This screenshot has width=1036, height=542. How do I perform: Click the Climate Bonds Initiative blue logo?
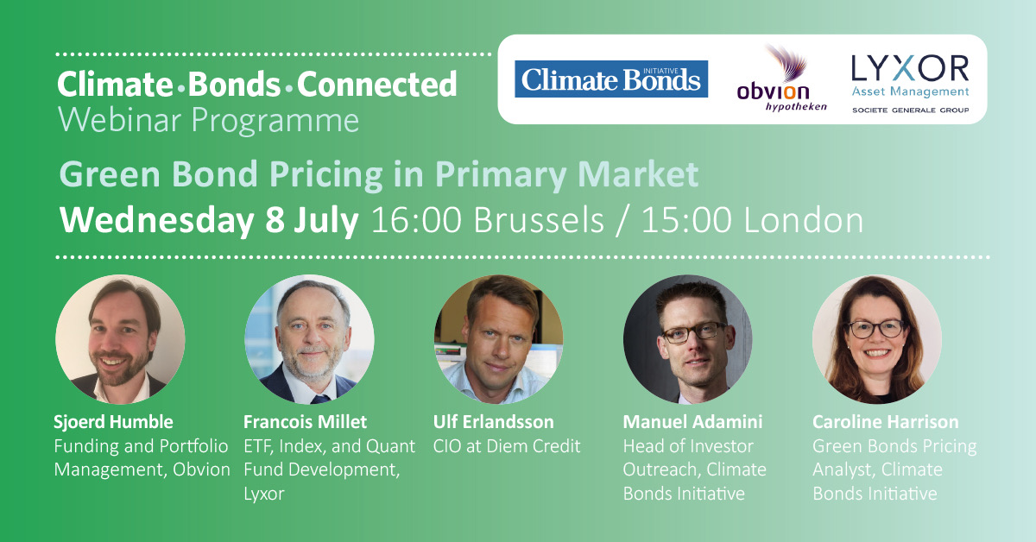click(611, 79)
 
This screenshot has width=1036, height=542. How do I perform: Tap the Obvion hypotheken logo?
click(781, 79)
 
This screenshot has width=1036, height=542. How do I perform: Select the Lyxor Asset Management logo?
click(910, 84)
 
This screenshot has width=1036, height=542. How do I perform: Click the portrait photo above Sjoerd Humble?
click(120, 339)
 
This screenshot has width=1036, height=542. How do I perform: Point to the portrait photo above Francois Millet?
click(309, 339)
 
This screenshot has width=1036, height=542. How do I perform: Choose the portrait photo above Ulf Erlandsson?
click(499, 339)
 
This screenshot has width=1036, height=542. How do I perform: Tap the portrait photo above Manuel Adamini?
click(688, 339)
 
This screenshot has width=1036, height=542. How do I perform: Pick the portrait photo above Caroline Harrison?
click(877, 339)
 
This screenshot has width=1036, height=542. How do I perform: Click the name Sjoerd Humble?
click(114, 422)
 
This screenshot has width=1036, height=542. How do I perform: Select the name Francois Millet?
click(306, 422)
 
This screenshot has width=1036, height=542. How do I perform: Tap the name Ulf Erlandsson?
click(494, 422)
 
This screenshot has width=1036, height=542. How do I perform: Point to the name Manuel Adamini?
click(692, 422)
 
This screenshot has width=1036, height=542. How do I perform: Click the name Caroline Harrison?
click(886, 422)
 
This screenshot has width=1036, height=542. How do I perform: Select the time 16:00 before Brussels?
click(416, 220)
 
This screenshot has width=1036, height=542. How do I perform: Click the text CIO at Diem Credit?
click(507, 446)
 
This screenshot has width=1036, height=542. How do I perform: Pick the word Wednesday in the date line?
click(156, 221)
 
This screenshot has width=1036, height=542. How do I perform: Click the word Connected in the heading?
click(377, 85)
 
